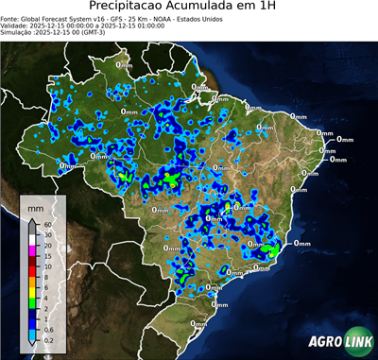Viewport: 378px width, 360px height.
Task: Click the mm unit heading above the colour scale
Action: tap(34, 205)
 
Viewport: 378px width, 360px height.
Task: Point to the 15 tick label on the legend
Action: tap(45, 254)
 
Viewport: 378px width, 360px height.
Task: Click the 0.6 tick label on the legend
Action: tap(46, 326)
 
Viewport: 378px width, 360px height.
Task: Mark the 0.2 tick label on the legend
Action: tap(46, 336)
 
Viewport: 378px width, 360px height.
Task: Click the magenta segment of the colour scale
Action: tap(32, 249)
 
